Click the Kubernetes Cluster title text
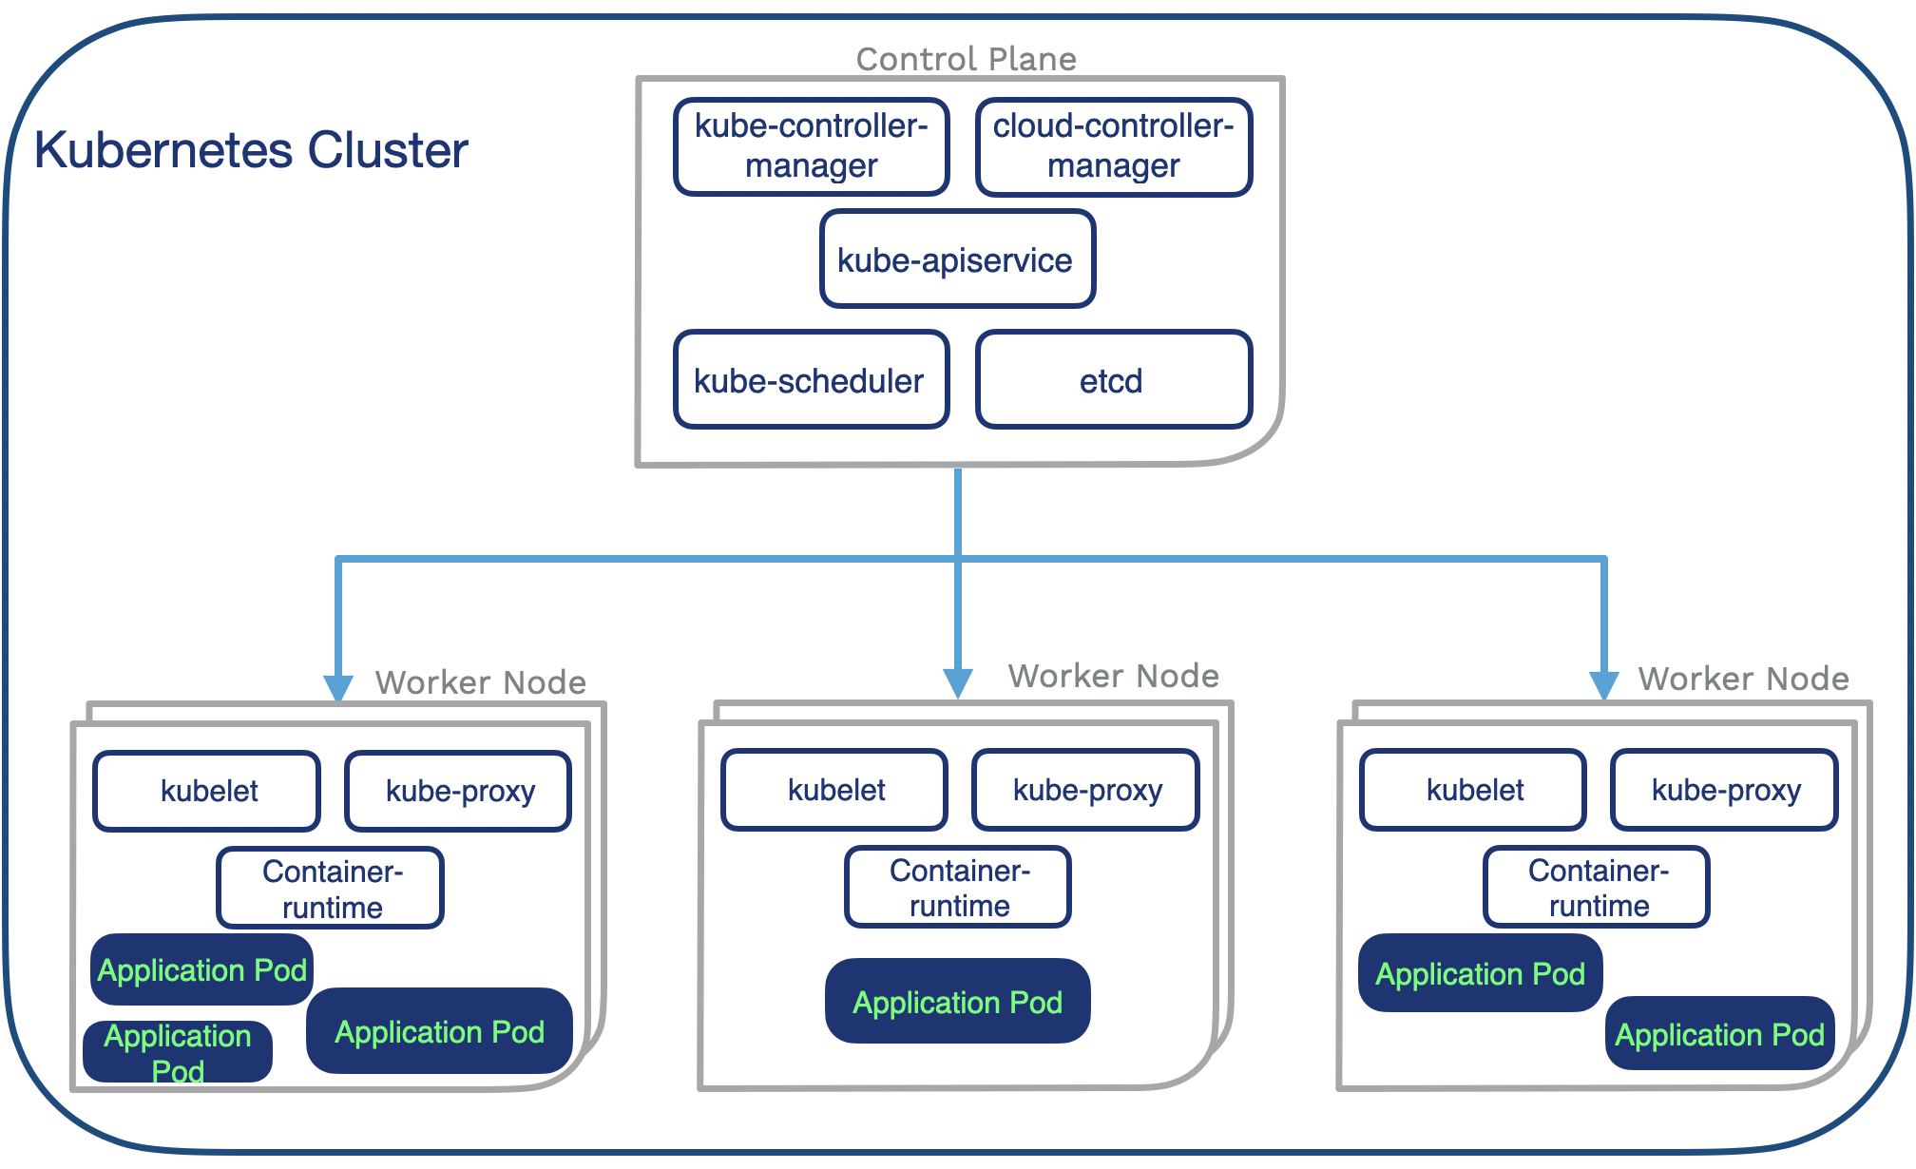251,150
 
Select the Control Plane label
966,59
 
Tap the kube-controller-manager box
811,146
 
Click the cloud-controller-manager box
1113,146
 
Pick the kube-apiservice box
956,259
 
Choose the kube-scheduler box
811,380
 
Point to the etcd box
1113,380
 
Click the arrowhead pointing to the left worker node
338,686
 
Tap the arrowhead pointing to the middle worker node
957,682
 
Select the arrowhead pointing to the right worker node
1603,684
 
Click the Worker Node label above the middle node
1113,676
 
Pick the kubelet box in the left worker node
207,791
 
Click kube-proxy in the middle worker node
1086,790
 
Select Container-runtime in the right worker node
1597,887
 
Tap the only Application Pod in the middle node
957,1002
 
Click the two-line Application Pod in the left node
178,1051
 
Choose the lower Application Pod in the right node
1718,1033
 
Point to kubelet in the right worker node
1473,790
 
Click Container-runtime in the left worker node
331,888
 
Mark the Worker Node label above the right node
1743,679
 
